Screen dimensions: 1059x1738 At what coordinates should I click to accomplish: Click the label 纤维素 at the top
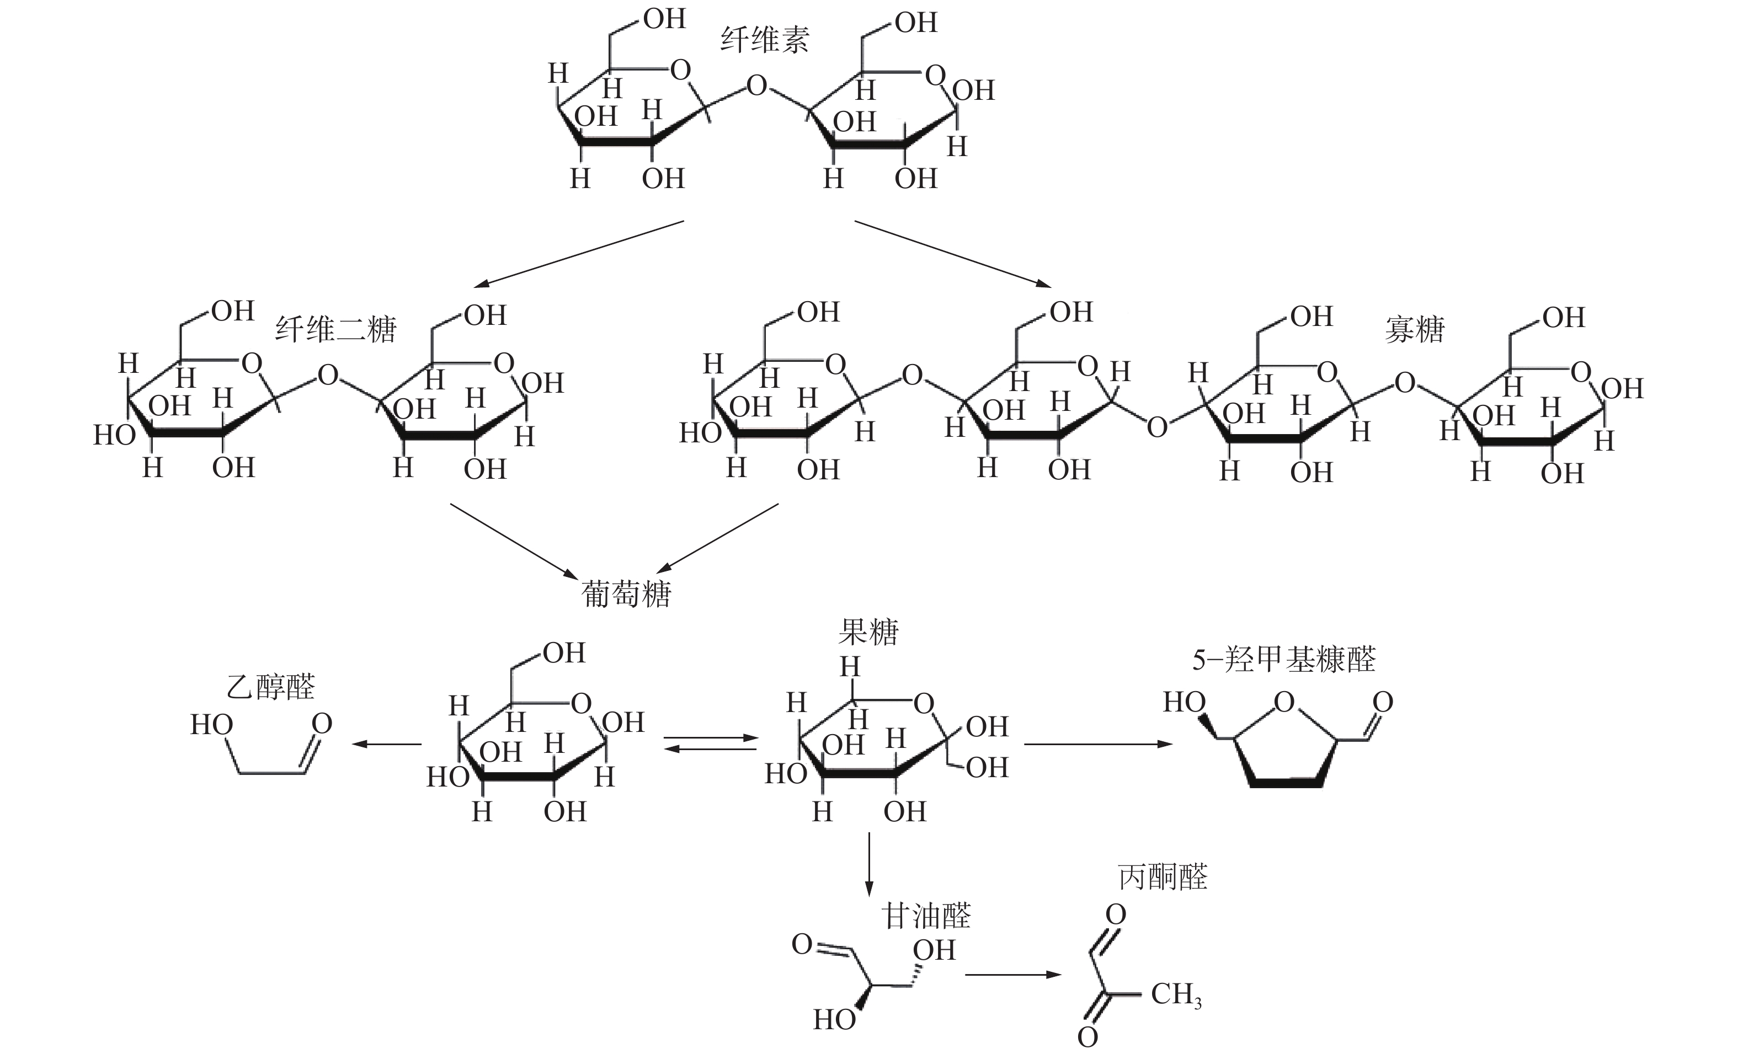(765, 40)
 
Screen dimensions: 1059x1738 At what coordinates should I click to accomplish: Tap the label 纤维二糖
(336, 329)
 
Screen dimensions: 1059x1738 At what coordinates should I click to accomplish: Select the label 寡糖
(1414, 329)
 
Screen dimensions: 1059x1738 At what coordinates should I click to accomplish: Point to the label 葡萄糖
(626, 593)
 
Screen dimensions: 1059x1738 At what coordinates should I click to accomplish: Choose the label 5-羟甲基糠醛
(1284, 660)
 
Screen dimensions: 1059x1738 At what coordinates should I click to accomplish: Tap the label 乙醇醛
(270, 686)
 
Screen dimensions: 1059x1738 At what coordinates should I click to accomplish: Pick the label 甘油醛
(926, 917)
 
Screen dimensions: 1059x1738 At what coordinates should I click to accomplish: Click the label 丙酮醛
(1163, 877)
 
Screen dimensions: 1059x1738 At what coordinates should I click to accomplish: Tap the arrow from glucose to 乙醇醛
(387, 744)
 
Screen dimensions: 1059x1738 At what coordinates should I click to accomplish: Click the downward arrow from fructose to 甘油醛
(869, 864)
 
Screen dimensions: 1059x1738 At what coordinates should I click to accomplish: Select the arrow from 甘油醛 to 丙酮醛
(1013, 975)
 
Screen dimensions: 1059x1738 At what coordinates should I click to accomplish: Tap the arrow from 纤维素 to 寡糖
(952, 254)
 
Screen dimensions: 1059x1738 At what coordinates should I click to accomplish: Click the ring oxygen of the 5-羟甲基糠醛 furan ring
(1284, 702)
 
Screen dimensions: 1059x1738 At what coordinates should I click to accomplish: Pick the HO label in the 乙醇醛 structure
(212, 724)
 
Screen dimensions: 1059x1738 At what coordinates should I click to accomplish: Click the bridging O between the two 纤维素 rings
(756, 86)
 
